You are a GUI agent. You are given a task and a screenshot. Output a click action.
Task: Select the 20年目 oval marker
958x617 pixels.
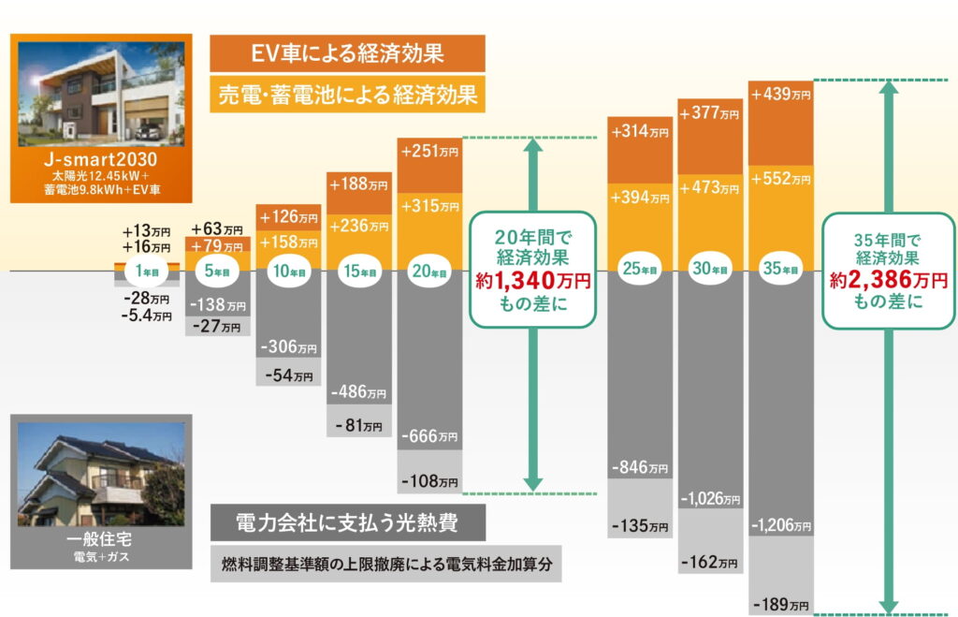click(x=429, y=271)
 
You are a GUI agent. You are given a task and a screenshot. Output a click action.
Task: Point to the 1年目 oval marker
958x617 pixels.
click(x=147, y=271)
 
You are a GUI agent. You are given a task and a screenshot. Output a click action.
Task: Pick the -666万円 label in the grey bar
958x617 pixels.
click(x=429, y=436)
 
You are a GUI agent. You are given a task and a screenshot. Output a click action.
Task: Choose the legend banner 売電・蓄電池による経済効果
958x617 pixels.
click(x=347, y=94)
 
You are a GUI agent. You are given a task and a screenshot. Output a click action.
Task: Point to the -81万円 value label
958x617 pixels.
click(x=358, y=425)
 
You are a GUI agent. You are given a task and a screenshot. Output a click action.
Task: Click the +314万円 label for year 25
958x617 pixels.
click(x=640, y=132)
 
